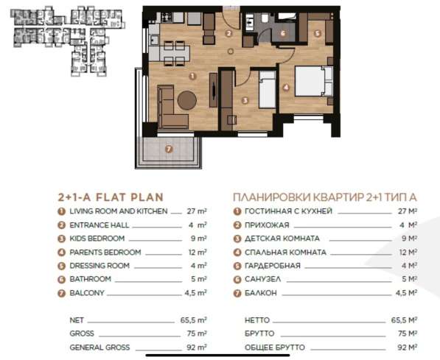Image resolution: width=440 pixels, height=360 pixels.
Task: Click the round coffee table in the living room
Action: click(187, 100)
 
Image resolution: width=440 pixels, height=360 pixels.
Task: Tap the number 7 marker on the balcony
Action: click(169, 149)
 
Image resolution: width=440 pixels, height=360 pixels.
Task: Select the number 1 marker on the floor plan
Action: click(192, 76)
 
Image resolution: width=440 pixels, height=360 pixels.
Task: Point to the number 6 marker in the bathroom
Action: click(283, 33)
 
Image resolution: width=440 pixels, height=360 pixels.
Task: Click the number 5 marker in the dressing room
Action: click(318, 33)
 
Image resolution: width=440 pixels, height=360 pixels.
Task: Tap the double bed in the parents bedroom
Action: click(314, 81)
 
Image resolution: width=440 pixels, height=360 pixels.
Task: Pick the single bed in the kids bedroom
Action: click(267, 89)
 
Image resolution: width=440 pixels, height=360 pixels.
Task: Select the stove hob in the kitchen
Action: click(167, 18)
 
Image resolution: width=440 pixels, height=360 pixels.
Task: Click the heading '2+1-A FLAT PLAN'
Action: click(111, 197)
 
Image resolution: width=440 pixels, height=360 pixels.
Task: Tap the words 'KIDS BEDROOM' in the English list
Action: click(97, 239)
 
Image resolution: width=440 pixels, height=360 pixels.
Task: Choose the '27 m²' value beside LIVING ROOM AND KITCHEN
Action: click(197, 211)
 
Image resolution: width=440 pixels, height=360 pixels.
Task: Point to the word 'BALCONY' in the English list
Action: click(87, 293)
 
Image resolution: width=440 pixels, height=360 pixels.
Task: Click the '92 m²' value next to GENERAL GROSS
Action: click(197, 347)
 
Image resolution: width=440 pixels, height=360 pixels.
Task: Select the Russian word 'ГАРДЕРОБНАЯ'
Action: click(273, 266)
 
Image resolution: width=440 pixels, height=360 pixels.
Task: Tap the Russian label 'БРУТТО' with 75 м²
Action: click(259, 333)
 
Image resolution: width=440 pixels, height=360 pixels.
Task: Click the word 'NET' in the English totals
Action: click(77, 320)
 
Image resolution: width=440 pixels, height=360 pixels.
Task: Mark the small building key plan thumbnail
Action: click(68, 42)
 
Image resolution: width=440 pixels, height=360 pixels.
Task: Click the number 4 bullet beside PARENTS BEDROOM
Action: click(61, 253)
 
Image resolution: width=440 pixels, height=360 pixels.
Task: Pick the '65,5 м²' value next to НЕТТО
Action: click(404, 320)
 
